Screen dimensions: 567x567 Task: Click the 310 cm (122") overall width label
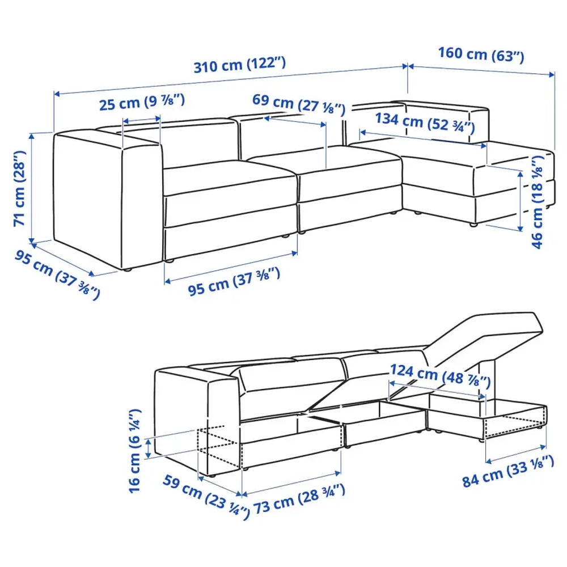point(239,66)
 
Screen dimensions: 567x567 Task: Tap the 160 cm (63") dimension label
point(481,55)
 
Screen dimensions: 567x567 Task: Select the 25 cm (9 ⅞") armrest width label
point(142,104)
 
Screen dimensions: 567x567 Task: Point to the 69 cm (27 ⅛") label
point(298,104)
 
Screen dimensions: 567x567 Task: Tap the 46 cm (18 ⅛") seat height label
point(539,204)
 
